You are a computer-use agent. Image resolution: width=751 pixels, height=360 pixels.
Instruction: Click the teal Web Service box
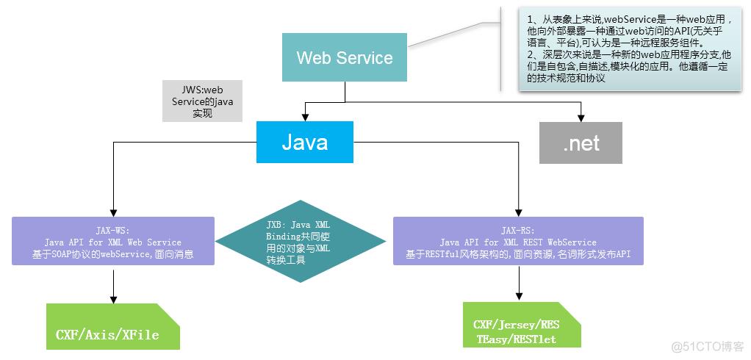344,57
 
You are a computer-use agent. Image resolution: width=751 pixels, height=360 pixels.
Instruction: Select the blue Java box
304,142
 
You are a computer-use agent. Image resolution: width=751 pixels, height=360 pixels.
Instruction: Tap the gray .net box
581,143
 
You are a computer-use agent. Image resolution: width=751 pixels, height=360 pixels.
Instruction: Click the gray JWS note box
202,101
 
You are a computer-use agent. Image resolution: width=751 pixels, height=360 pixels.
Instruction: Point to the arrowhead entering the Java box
304,117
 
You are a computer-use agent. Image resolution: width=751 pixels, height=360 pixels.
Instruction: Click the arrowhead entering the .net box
581,117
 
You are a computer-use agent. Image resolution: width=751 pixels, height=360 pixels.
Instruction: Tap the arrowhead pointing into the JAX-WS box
113,212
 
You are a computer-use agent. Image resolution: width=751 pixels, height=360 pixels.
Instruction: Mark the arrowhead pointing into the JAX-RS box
519,212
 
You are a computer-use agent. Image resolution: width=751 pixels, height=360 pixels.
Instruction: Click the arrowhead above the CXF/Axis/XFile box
113,298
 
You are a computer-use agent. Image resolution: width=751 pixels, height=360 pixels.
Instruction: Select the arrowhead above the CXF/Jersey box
519,296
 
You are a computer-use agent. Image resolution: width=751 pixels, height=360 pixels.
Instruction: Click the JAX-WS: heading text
113,229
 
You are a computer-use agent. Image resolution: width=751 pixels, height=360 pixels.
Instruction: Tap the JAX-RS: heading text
518,229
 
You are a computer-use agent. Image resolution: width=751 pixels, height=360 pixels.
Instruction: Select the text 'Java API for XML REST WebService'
518,242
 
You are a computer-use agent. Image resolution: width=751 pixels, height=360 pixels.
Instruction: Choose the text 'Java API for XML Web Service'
113,242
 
